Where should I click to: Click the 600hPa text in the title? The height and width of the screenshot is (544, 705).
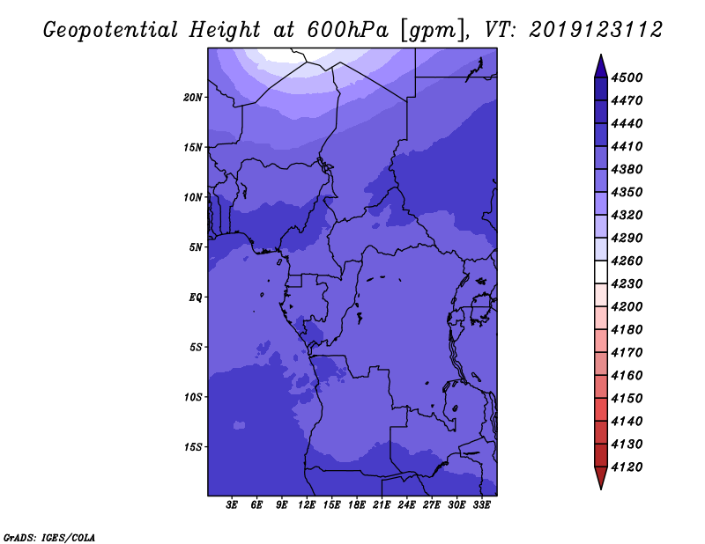click(347, 30)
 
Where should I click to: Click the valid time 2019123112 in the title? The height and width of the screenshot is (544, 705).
click(596, 30)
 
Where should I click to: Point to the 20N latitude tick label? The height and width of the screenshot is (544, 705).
click(193, 98)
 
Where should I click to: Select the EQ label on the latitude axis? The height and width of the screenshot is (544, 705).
click(195, 298)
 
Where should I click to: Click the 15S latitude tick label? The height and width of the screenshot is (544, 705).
click(193, 447)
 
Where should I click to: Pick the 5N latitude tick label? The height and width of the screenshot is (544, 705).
click(196, 247)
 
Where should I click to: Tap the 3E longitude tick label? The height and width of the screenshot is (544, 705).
click(232, 505)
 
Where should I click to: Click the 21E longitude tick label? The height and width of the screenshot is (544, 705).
click(382, 505)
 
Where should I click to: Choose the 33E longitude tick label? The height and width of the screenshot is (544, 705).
click(481, 505)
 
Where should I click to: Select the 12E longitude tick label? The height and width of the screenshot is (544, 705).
click(307, 505)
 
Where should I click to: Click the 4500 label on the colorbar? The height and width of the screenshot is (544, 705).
click(627, 77)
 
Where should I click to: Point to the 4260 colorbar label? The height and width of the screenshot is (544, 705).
click(627, 261)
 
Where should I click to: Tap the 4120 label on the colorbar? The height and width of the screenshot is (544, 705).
click(627, 467)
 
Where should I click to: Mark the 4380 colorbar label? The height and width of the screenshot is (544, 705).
click(627, 169)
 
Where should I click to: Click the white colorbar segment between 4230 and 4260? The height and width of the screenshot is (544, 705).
click(601, 272)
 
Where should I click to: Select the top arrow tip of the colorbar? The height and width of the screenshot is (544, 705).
click(601, 55)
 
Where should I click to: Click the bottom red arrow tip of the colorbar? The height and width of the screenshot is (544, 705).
click(601, 489)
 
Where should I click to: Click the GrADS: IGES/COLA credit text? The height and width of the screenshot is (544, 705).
click(49, 538)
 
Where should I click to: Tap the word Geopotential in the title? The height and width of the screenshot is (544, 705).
click(111, 31)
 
